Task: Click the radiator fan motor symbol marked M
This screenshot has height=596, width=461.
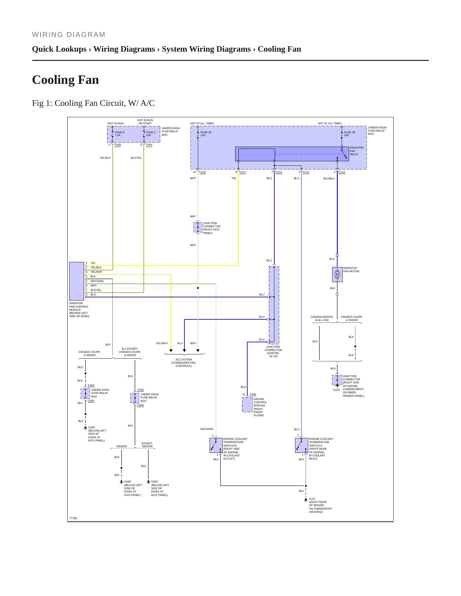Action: pos(337,274)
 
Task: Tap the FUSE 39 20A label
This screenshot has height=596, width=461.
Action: pos(349,134)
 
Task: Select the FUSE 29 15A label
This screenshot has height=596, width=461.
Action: pos(206,134)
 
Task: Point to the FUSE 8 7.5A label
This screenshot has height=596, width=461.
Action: pos(120,134)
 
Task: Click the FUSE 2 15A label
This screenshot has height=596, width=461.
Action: pos(151,134)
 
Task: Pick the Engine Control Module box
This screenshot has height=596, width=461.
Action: pos(247,405)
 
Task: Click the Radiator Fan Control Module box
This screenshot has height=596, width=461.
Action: pos(77,281)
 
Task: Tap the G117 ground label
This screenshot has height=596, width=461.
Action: pos(312,499)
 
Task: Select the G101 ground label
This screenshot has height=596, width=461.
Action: pos(337,390)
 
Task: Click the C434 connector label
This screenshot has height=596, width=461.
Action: pos(253,394)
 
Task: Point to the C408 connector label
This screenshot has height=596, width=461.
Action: pos(117,145)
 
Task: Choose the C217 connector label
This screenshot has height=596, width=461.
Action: pos(243,172)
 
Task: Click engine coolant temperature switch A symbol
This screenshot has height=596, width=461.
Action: pos(301,445)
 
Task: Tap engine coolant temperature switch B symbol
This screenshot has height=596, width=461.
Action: pos(216,445)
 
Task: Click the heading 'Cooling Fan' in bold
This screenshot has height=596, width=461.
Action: pos(65,80)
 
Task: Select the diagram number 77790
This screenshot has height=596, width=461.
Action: pos(73,518)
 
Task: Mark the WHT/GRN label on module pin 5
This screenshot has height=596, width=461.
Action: pos(97,281)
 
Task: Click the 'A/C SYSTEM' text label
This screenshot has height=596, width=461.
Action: pos(184,360)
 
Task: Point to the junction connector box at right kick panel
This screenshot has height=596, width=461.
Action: pos(198,227)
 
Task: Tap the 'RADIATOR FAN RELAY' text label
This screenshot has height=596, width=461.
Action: pos(356,151)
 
